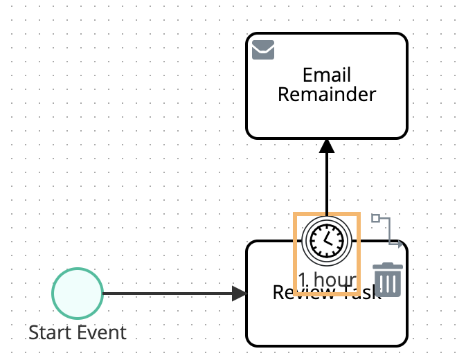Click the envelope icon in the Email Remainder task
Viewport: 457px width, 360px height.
[x=263, y=50]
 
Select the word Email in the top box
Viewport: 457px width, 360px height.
[x=327, y=75]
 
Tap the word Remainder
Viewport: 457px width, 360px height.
[x=327, y=94]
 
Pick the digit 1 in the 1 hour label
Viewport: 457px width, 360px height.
[x=303, y=280]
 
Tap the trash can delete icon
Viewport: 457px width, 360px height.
[x=388, y=280]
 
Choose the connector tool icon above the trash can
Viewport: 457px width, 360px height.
[x=388, y=231]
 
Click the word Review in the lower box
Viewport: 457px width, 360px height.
[x=284, y=294]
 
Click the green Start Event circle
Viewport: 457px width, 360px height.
[x=78, y=294]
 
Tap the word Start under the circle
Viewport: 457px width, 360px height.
[x=51, y=332]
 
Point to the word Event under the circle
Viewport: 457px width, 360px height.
[x=102, y=332]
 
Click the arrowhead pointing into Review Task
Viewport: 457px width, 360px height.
[x=240, y=294]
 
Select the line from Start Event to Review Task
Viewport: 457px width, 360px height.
[x=166, y=294]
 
